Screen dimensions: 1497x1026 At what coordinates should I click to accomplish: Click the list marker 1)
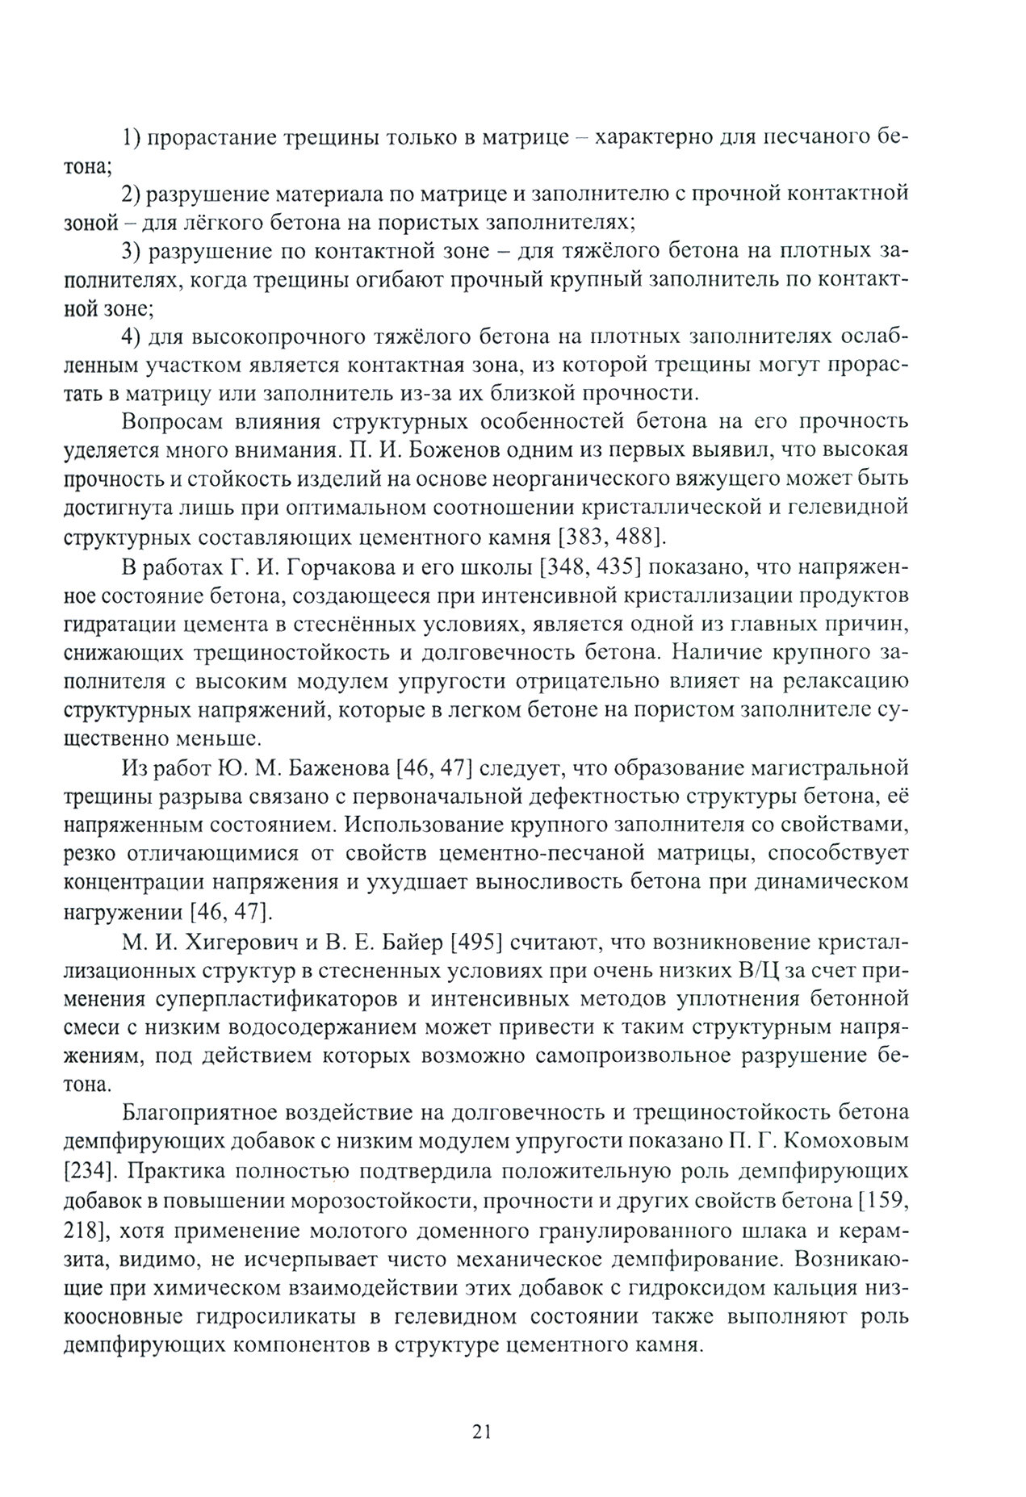[x=132, y=138]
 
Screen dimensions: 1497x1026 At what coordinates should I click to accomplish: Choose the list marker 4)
[x=132, y=336]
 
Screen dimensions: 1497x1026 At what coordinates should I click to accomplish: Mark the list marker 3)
[x=132, y=251]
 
